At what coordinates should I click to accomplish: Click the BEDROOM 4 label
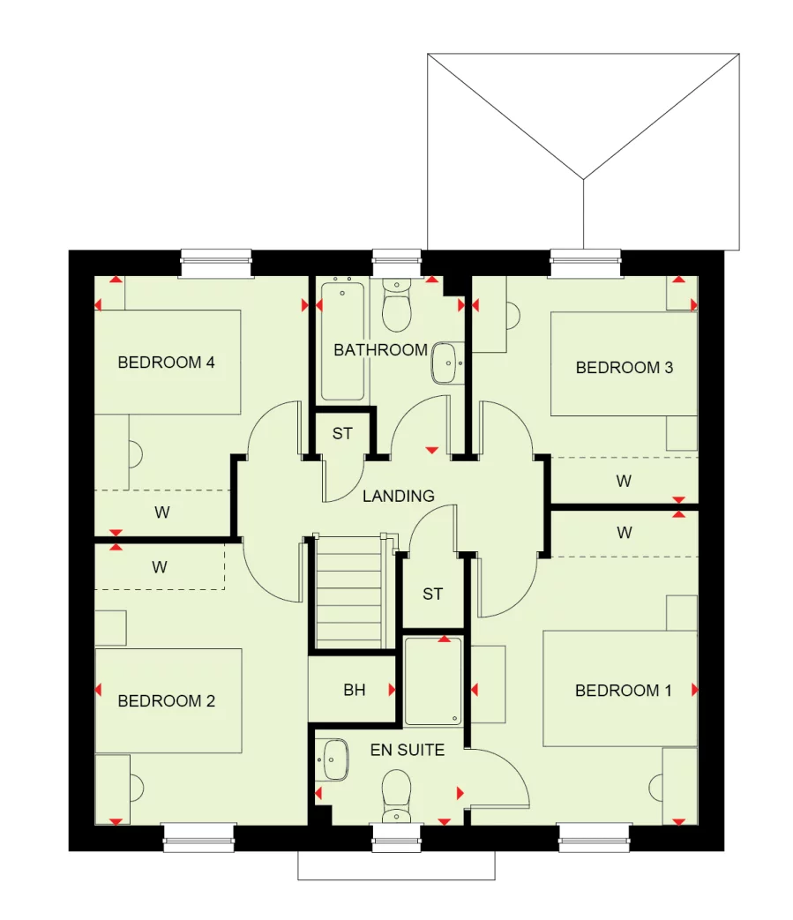(166, 362)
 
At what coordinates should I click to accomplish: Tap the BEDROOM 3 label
(624, 367)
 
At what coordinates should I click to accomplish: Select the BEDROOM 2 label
(166, 701)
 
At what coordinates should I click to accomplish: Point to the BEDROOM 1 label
(623, 691)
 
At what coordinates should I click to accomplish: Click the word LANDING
(398, 497)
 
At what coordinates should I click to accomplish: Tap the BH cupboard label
(354, 691)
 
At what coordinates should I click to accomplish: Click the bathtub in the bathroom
(341, 340)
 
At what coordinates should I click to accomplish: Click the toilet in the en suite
(396, 794)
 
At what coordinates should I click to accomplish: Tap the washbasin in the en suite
(334, 759)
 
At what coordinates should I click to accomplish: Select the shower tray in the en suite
(433, 681)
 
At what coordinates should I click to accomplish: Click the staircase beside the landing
(350, 592)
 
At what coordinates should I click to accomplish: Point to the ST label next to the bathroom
(342, 434)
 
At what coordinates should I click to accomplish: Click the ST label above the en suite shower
(432, 595)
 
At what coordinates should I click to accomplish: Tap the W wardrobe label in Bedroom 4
(162, 512)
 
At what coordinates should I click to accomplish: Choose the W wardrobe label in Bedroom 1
(625, 533)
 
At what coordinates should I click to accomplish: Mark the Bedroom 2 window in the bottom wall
(199, 837)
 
